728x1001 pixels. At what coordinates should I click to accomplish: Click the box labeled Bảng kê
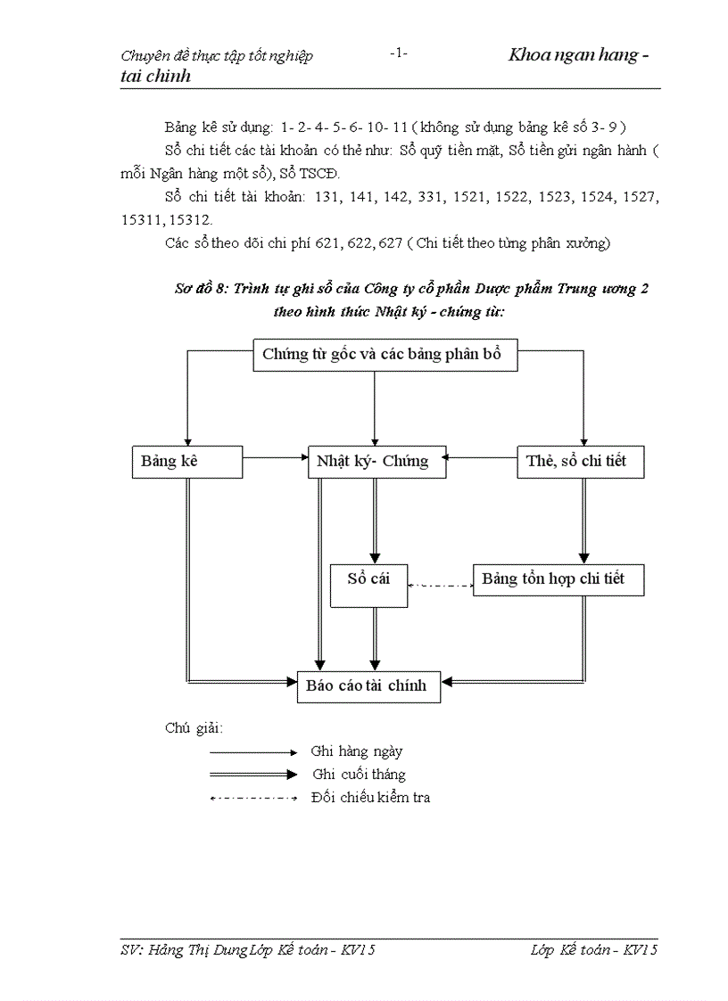click(186, 462)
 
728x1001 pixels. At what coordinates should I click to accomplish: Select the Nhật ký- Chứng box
click(376, 462)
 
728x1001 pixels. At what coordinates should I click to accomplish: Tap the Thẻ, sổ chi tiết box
click(580, 462)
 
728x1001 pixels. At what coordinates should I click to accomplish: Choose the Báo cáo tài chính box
click(368, 685)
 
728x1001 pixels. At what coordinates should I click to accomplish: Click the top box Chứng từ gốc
click(382, 355)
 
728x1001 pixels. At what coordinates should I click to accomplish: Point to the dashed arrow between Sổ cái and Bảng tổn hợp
click(440, 586)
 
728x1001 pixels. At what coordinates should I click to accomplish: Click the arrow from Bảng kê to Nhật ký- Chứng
click(275, 458)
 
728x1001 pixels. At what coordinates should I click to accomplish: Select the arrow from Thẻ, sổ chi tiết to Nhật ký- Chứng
click(482, 458)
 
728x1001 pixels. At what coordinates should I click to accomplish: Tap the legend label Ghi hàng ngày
click(356, 751)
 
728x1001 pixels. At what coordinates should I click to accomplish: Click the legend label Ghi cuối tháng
click(359, 775)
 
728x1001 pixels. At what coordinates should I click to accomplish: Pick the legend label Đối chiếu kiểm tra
click(370, 798)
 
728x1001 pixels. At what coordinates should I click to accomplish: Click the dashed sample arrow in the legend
click(253, 798)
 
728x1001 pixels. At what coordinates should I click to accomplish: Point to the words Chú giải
click(194, 727)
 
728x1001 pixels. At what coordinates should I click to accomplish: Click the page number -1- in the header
click(399, 53)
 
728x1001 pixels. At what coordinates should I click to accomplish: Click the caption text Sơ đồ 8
click(201, 290)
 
